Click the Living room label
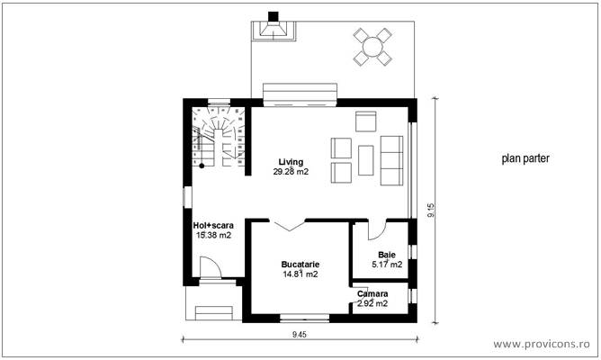[291, 161]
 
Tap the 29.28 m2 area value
[291, 171]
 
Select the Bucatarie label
[300, 265]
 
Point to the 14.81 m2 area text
[300, 274]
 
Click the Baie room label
[387, 255]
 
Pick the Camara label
[372, 294]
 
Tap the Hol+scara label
[212, 225]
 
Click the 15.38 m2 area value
[213, 235]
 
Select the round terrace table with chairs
[372, 46]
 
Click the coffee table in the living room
[366, 159]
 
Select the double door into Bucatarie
[290, 224]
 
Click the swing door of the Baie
[376, 229]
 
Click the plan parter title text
[525, 158]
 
